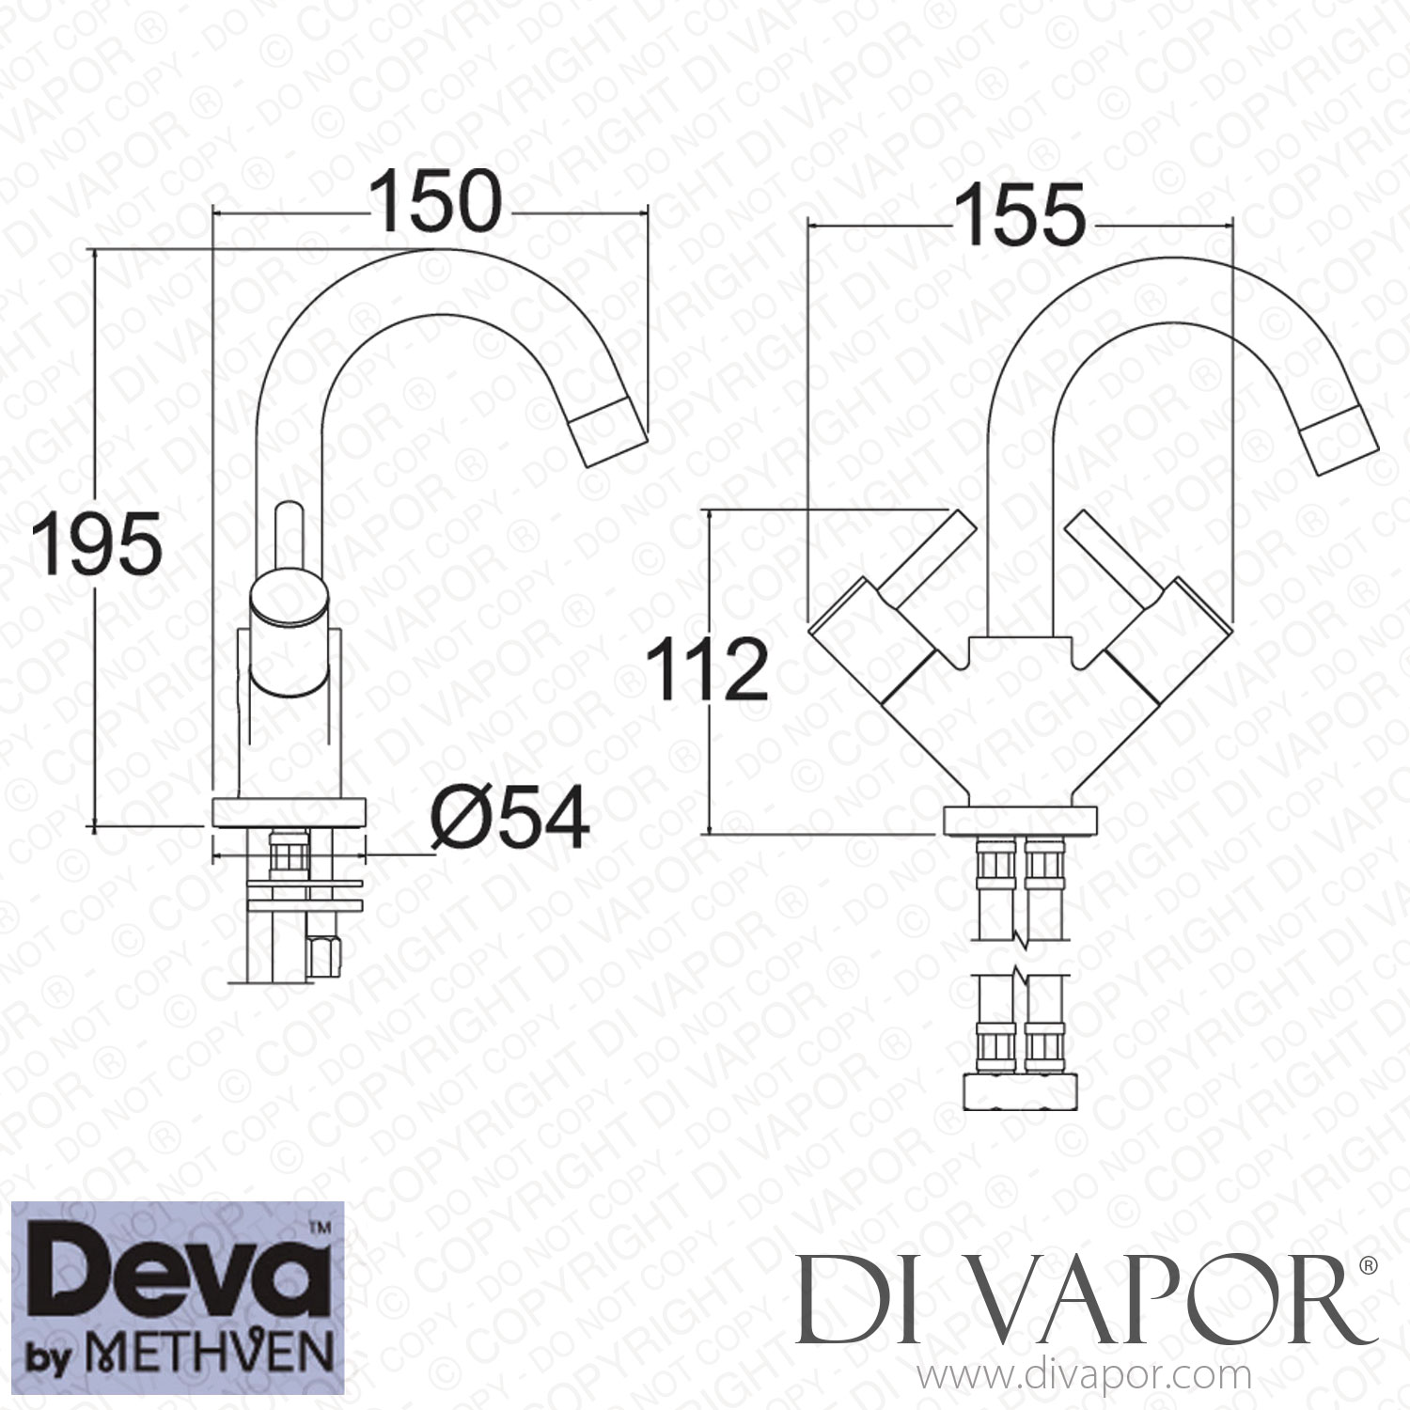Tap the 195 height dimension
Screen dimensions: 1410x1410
pos(95,544)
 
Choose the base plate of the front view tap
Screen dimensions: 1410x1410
pos(1020,819)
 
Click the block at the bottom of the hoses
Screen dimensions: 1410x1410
pos(1020,1091)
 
